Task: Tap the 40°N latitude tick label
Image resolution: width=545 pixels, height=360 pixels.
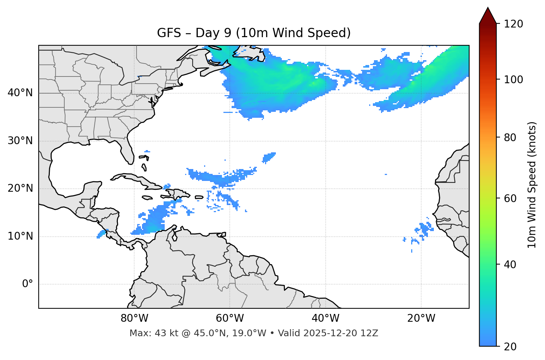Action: pos(20,93)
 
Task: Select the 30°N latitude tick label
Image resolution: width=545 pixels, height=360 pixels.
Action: pos(20,141)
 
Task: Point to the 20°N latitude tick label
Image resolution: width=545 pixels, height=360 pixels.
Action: pos(20,188)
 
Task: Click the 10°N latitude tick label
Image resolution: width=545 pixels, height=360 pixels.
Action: pos(20,236)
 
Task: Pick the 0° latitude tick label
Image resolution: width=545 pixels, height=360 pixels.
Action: pos(28,284)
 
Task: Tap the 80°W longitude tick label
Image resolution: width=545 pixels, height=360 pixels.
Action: pos(134,318)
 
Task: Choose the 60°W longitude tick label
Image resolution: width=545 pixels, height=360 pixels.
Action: pos(230,318)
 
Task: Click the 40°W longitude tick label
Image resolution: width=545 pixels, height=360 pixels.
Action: pos(325,318)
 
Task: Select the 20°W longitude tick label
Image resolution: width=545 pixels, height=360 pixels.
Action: pos(421,318)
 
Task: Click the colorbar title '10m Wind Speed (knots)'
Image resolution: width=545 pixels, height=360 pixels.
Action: pos(532,185)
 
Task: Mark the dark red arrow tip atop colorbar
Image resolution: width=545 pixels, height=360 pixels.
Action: pos(488,15)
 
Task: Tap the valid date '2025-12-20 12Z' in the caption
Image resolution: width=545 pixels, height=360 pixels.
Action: pos(341,333)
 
